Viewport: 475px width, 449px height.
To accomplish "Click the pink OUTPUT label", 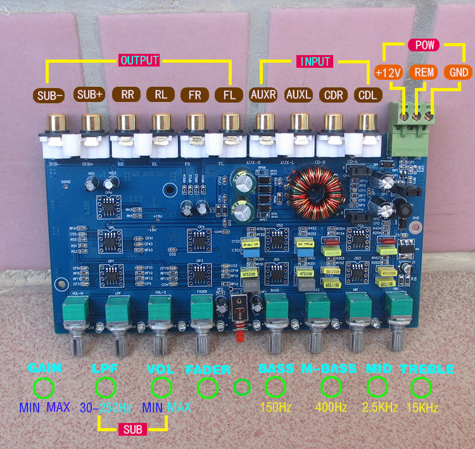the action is pyautogui.click(x=139, y=61).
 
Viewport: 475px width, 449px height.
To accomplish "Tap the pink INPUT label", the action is pyautogui.click(x=314, y=61).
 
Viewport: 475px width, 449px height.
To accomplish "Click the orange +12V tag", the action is pyautogui.click(x=388, y=72).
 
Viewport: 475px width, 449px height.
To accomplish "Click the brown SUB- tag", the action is pyautogui.click(x=51, y=95).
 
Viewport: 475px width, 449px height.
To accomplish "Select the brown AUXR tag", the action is pyautogui.click(x=263, y=95).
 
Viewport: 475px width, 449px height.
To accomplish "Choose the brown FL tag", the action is pyautogui.click(x=226, y=95).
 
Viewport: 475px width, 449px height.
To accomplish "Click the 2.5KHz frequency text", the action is pyautogui.click(x=377, y=407).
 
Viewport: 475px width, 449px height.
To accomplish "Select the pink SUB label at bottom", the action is pyautogui.click(x=133, y=429).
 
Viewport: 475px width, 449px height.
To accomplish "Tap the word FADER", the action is pyautogui.click(x=208, y=369).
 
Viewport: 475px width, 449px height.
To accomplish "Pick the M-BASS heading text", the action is pyautogui.click(x=328, y=369).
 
